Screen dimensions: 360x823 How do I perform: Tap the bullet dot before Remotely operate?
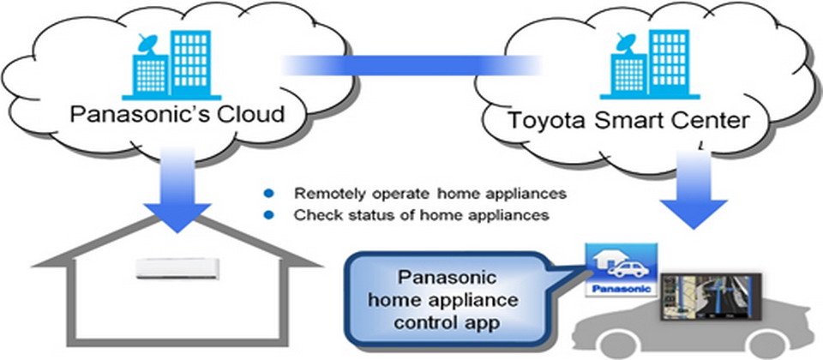coord(267,193)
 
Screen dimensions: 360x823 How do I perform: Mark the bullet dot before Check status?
coord(267,215)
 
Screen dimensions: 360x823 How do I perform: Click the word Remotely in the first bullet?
coord(321,193)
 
